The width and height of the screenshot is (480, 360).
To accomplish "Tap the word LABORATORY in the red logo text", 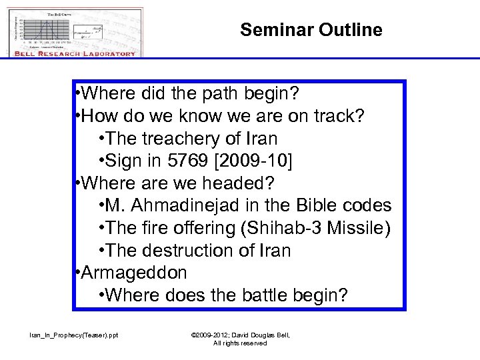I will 105,53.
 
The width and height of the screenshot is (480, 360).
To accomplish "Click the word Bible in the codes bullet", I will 317,206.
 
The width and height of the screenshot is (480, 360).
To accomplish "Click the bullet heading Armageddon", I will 135,273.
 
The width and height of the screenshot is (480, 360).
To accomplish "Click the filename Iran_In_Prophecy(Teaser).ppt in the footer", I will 73,335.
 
